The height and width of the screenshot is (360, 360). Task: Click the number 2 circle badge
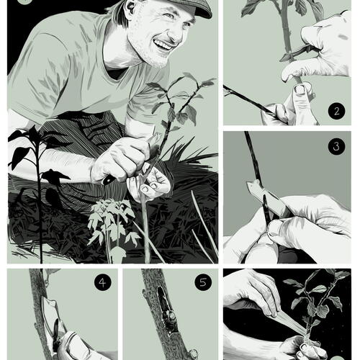click(x=336, y=111)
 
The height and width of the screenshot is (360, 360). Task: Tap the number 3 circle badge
click(x=336, y=146)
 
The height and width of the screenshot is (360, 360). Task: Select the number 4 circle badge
click(x=103, y=283)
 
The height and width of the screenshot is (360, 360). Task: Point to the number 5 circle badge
click(x=203, y=282)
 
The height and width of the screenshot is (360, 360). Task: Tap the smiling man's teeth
click(x=163, y=45)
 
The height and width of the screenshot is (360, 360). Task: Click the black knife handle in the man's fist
click(x=109, y=179)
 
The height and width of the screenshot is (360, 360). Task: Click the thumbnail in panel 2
click(x=300, y=89)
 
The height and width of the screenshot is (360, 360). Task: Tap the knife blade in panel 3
click(x=269, y=196)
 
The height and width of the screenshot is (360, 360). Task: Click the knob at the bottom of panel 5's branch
click(x=193, y=354)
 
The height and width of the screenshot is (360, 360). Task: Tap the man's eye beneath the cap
click(x=170, y=17)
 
